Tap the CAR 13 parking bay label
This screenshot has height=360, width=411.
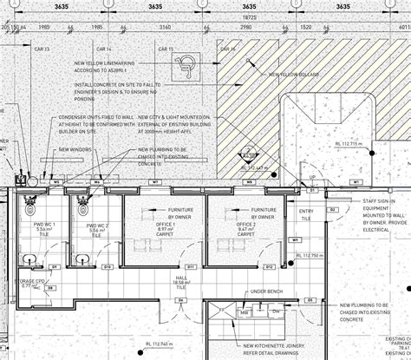[42, 49]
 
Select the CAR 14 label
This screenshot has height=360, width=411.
[105, 49]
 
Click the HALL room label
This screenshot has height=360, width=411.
[182, 281]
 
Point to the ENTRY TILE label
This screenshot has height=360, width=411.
[306, 214]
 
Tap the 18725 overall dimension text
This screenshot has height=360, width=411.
[251, 16]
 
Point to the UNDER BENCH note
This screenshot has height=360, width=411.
[264, 292]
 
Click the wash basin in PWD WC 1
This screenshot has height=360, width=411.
[29, 258]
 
